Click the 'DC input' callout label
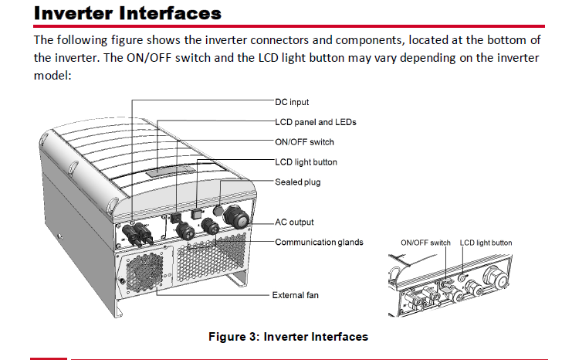point(292,102)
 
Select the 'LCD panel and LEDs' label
point(316,122)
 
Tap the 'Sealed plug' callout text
point(298,182)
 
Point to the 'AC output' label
point(294,222)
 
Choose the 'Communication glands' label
point(320,242)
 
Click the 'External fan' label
point(295,295)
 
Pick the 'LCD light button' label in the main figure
point(306,162)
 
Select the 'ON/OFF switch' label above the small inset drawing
point(425,243)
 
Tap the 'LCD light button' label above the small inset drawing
point(486,243)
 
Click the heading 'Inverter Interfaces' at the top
point(127,13)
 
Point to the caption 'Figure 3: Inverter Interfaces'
point(288,337)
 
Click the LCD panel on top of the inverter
point(170,171)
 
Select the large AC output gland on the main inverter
point(237,217)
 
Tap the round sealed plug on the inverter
point(218,210)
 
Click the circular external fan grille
point(144,272)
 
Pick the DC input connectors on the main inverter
point(138,235)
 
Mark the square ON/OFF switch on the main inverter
point(175,218)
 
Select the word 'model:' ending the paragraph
point(52,75)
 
